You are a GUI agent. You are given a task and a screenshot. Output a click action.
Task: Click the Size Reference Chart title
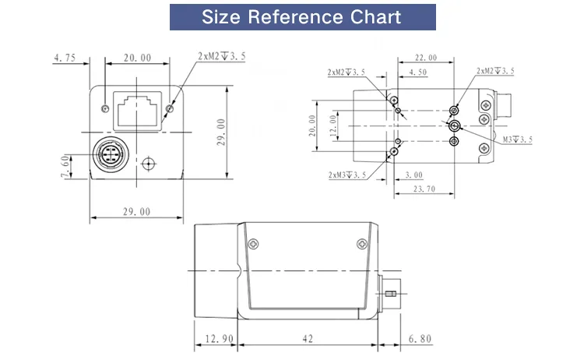[301, 17]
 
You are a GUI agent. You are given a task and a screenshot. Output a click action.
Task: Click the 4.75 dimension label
[65, 58]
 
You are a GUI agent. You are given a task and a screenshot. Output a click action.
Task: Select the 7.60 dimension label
[65, 166]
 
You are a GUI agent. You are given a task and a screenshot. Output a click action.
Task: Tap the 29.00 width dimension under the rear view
[137, 212]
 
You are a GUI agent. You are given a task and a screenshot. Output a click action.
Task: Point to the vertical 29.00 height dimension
[221, 132]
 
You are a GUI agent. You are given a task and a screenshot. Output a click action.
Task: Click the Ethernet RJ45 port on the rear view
[137, 111]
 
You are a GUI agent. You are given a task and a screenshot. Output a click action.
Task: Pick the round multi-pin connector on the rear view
[111, 154]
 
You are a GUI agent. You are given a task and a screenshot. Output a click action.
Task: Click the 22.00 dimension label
[426, 58]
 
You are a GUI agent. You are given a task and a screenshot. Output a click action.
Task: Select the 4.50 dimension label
[418, 72]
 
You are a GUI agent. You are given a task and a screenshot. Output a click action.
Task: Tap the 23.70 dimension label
[424, 189]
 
